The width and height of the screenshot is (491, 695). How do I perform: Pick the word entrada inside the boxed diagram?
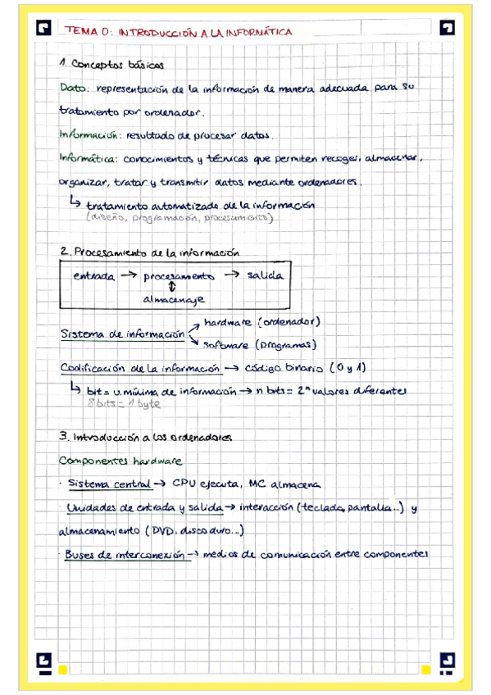(93, 276)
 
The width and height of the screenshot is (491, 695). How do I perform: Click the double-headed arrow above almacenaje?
(172, 288)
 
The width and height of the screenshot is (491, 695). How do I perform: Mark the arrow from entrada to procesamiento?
(128, 276)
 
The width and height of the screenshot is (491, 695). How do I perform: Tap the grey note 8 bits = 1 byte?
(123, 404)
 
